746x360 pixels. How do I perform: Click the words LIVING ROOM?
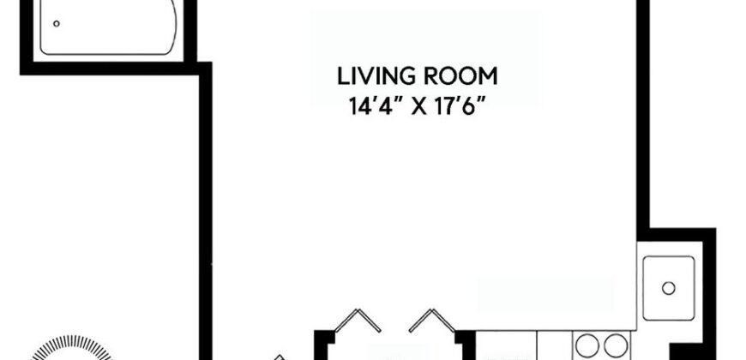pyautogui.click(x=417, y=77)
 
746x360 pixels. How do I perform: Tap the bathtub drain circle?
pyautogui.click(x=57, y=24)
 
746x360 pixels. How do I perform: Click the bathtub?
pyautogui.click(x=107, y=26)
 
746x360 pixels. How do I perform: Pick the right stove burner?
pyautogui.click(x=612, y=345)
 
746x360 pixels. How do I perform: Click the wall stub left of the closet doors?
pyautogui.click(x=322, y=343)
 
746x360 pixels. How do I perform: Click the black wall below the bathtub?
pyautogui.click(x=111, y=69)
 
